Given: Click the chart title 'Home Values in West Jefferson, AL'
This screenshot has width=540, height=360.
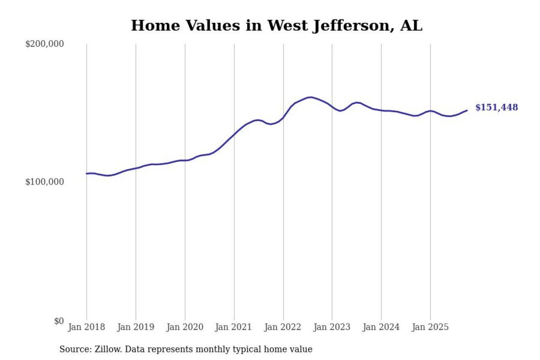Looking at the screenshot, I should click(276, 26).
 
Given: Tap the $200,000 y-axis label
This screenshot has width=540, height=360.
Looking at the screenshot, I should click(44, 44).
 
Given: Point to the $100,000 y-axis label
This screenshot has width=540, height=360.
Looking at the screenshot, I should click(44, 182).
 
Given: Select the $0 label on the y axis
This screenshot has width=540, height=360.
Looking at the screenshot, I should click(59, 321).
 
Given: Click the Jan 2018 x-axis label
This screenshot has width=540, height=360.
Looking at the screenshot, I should click(86, 327).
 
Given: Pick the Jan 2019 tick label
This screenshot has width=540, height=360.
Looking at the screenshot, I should click(135, 327).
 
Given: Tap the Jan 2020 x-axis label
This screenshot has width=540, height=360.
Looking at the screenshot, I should click(185, 327).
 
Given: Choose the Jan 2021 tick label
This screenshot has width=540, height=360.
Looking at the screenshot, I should click(234, 327).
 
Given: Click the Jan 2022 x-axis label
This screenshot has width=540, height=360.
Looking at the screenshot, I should click(283, 327).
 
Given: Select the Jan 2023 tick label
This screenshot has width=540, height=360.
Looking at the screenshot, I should click(332, 327).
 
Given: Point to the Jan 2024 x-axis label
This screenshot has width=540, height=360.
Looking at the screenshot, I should click(381, 327).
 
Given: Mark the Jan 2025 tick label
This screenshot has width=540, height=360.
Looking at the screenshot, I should click(430, 327).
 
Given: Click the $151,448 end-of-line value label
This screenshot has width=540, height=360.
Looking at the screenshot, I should click(497, 108).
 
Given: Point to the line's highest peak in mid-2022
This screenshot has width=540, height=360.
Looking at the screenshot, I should click(310, 97).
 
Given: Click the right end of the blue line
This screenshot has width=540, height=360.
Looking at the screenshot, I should click(467, 111).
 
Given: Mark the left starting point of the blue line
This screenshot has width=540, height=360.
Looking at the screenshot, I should click(86, 173).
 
